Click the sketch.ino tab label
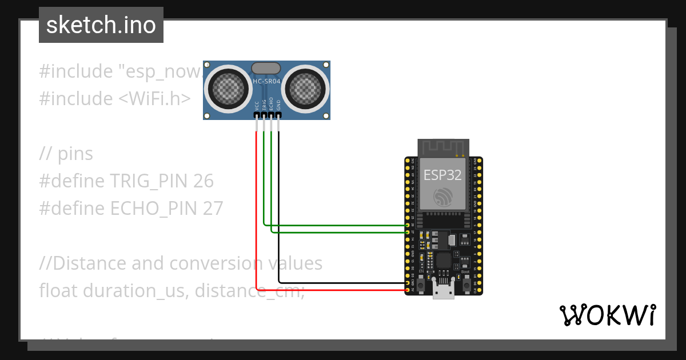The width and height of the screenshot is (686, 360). pyautogui.click(x=101, y=25)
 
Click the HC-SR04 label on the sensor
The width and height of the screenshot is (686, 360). pyautogui.click(x=266, y=82)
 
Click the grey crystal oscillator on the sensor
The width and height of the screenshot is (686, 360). pyautogui.click(x=266, y=68)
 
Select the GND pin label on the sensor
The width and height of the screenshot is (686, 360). pyautogui.click(x=278, y=105)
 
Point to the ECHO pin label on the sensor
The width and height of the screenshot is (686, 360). pyautogui.click(x=271, y=105)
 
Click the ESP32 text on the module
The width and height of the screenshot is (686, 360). pyautogui.click(x=442, y=174)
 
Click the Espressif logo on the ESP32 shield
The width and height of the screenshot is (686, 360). pyautogui.click(x=443, y=197)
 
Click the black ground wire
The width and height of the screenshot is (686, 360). pyautogui.click(x=278, y=217)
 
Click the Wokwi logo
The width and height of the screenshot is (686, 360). pyautogui.click(x=607, y=315)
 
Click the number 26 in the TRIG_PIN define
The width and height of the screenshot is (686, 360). pyautogui.click(x=203, y=181)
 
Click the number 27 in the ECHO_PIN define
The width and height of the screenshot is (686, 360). pyautogui.click(x=213, y=209)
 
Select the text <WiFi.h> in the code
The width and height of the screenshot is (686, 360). pyautogui.click(x=154, y=99)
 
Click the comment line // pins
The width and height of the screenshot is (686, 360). pyautogui.click(x=66, y=154)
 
